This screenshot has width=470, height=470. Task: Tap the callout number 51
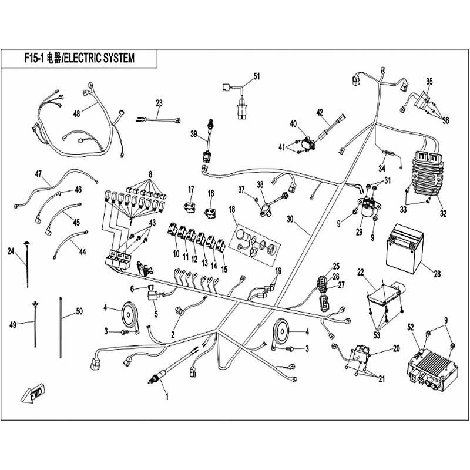256,76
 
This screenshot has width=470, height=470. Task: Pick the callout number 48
76,113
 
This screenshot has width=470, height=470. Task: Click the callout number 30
289,219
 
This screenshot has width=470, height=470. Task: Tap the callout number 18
231,209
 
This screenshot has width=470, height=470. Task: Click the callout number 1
166,396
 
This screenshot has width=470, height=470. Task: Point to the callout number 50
80,311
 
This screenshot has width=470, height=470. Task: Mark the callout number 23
159,103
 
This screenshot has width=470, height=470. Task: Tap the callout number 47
39,173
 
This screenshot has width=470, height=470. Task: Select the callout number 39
194,135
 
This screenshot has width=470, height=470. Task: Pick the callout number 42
320,112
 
